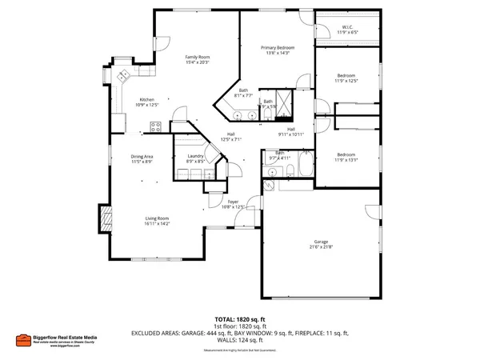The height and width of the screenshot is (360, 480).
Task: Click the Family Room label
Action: tap(198, 58)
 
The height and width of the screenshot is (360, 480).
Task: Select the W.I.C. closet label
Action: tap(347, 27)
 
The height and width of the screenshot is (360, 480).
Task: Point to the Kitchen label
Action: tap(147, 99)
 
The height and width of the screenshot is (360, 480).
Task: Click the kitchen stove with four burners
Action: tap(158, 126)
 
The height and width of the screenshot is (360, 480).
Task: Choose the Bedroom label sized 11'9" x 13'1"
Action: tap(346, 154)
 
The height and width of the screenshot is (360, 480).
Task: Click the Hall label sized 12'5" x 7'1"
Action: tap(230, 134)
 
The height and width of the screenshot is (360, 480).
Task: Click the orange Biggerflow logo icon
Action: tap(26, 338)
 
